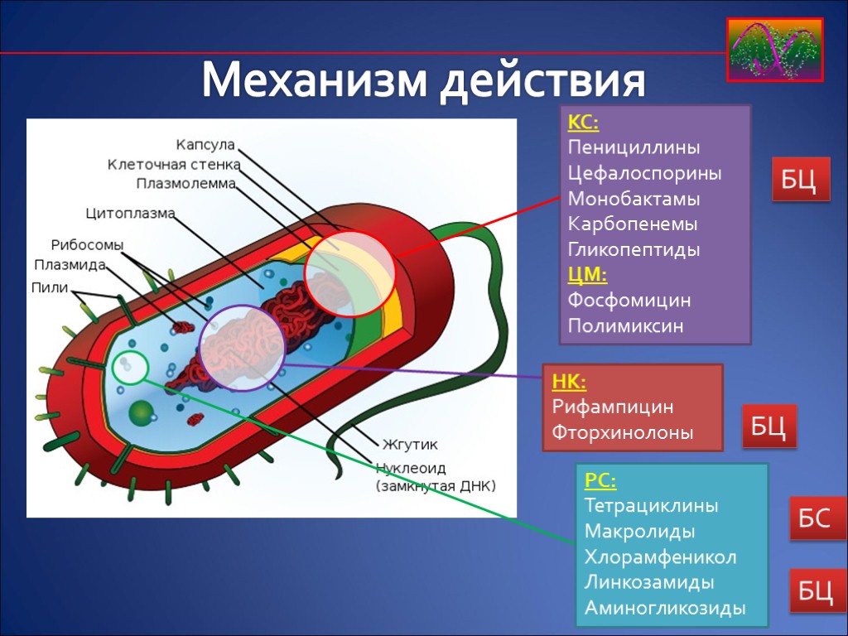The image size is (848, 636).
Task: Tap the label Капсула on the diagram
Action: (205, 145)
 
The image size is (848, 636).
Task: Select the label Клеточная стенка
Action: (171, 164)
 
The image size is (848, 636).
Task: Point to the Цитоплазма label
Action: (131, 214)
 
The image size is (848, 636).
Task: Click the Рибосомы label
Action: (87, 246)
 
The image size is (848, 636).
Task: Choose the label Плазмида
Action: (70, 265)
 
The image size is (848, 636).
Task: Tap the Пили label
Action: (50, 287)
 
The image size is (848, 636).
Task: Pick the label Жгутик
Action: (410, 444)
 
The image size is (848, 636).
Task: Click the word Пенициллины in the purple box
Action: (634, 148)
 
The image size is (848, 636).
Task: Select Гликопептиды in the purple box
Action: (634, 249)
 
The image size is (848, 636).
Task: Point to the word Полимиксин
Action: (625, 325)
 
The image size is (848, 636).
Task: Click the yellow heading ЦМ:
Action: (587, 274)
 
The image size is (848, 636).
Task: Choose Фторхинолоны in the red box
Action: (622, 432)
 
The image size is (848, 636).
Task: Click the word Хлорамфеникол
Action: (660, 556)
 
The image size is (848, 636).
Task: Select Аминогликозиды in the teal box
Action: (664, 608)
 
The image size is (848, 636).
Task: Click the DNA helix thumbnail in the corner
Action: (775, 50)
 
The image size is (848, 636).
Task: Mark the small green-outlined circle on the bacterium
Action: (130, 367)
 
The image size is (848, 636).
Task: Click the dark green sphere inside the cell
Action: (142, 412)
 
